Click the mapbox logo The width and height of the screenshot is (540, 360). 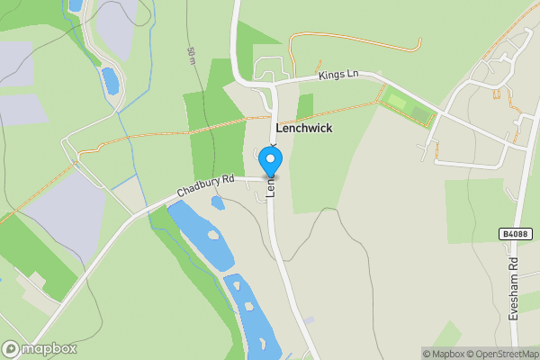[40, 348]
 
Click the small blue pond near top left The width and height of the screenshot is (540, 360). [110, 81]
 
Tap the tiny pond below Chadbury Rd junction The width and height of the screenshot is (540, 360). [218, 203]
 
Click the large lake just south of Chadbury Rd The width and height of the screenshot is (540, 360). [200, 236]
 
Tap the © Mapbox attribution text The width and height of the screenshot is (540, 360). [443, 354]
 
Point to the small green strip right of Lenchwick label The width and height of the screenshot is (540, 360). [305, 106]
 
